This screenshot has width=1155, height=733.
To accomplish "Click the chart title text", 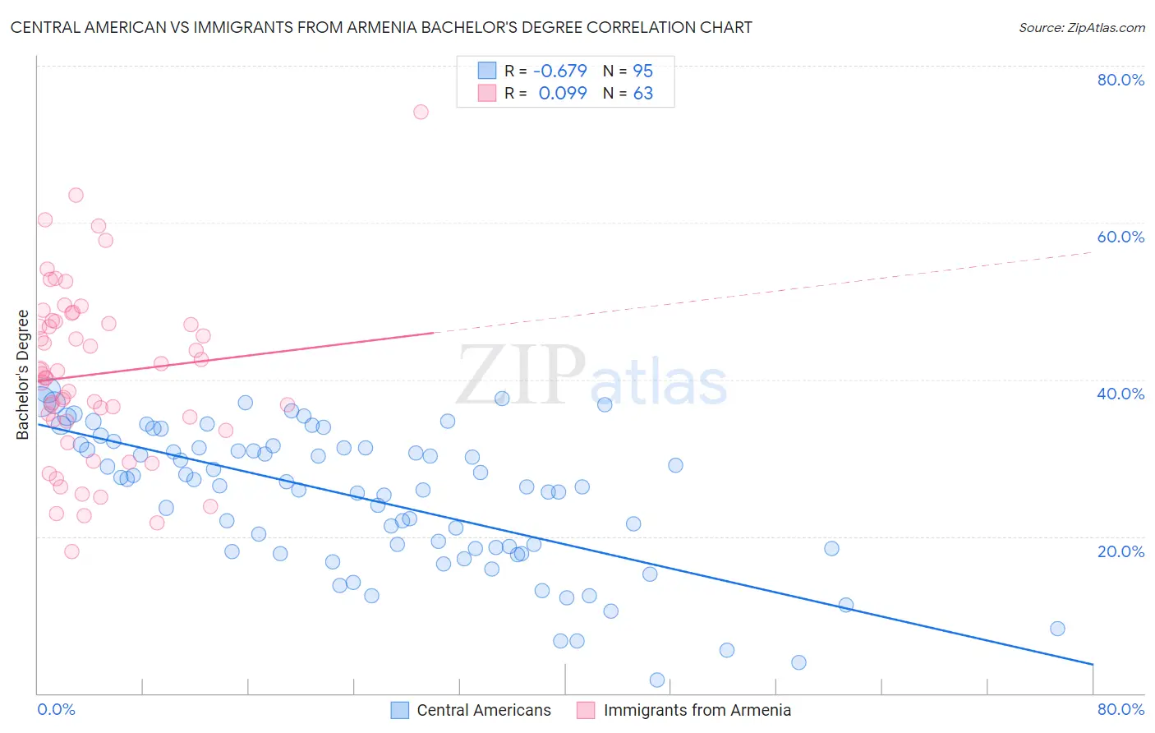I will [x=381, y=27].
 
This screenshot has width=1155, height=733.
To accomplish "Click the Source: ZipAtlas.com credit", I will [x=1081, y=27].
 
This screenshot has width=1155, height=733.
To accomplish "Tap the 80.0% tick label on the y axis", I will [x=1120, y=80].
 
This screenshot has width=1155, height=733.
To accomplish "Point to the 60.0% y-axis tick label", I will [x=1120, y=237].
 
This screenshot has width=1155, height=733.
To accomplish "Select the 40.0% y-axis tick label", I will [x=1120, y=394].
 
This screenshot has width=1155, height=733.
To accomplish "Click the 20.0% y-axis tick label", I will [x=1120, y=551].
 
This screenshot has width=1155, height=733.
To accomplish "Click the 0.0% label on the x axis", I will [x=56, y=709].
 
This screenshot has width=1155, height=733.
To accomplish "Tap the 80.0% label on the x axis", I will [x=1120, y=709].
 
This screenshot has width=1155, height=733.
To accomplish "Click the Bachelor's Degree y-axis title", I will [x=23, y=374].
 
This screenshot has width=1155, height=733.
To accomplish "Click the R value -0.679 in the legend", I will [x=560, y=71].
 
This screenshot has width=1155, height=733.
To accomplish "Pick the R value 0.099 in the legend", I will [x=563, y=93].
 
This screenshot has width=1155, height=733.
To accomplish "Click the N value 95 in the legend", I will [x=642, y=71].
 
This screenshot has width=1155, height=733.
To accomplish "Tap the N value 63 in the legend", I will [x=642, y=93].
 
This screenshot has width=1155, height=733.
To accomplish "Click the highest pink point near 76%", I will [x=421, y=112].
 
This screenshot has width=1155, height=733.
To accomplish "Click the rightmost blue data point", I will [x=1057, y=629].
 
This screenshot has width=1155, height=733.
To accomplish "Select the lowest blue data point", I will [x=657, y=680].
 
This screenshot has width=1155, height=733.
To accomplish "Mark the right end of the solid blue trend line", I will [x=1093, y=664].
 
